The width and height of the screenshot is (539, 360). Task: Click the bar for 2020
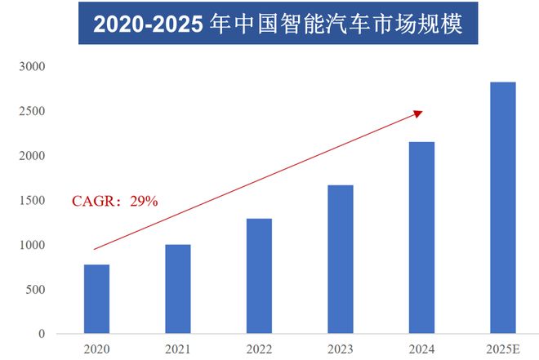coord(96,299)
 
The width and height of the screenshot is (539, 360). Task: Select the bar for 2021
coord(177,289)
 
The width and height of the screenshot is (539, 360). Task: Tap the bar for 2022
coord(258,276)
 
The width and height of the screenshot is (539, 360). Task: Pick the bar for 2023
coord(340,259)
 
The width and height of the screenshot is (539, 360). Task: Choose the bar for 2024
coord(421,238)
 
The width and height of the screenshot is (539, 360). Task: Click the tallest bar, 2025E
coord(502,207)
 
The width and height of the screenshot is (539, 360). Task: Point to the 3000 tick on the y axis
coord(33,66)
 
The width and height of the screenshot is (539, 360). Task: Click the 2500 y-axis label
coord(33,111)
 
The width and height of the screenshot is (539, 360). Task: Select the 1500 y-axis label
coord(33,200)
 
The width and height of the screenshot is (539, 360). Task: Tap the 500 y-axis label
coord(37,290)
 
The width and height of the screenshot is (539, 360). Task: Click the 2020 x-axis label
coord(96,349)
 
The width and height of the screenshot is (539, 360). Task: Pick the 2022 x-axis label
coord(258,349)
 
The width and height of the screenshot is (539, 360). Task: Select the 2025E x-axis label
coord(502,349)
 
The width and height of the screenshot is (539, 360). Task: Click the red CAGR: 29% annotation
coord(115,201)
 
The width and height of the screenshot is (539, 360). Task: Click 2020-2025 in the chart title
coord(148,24)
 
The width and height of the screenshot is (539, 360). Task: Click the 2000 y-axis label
coord(33,156)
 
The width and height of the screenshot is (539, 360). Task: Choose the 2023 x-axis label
coord(340,349)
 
